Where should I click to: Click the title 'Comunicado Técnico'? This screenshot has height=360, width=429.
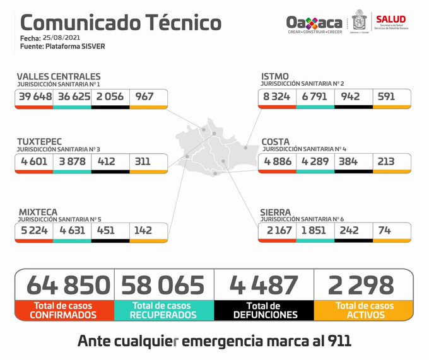120,23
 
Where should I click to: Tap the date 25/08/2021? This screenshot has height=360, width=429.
61,38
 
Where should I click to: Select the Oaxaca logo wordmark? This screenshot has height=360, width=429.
314,22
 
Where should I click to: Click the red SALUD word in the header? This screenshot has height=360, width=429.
391,19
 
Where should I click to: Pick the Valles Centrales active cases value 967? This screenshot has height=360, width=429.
144,98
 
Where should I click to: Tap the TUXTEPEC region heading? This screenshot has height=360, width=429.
39,142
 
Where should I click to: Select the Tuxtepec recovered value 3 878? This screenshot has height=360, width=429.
72,162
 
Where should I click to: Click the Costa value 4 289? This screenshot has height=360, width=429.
314,161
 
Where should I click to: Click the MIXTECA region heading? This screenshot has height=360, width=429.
37,212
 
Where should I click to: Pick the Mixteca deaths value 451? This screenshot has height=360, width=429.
106,231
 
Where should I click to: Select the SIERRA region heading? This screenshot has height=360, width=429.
276,212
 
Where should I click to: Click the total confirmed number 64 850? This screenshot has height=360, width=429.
68,285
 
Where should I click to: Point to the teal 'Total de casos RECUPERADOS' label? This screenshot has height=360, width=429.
164,310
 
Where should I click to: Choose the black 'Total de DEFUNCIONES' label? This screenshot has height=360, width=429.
264,310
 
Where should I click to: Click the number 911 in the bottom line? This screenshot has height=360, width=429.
336,340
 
